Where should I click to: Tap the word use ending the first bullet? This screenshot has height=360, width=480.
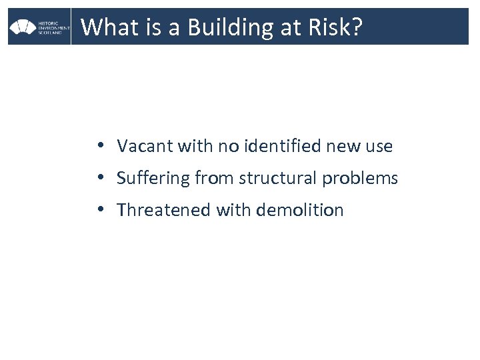379,145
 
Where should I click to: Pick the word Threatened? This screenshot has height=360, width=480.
164,211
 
